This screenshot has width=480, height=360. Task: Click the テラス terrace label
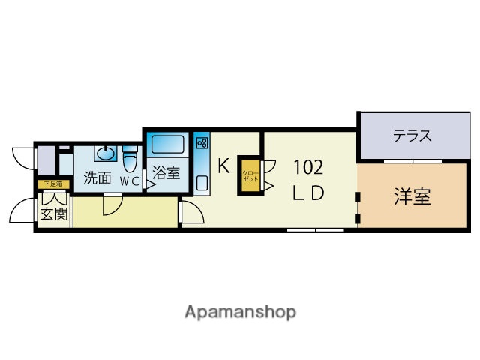pyautogui.click(x=412, y=136)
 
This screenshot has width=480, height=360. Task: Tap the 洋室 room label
pyautogui.click(x=412, y=197)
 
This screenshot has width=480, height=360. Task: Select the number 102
pyautogui.click(x=307, y=166)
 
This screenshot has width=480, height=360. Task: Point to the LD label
pyautogui.click(x=307, y=193)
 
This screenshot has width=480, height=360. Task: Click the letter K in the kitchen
pyautogui.click(x=223, y=166)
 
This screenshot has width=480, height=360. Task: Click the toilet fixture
pyautogui.click(x=130, y=159)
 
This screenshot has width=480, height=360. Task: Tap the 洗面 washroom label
pyautogui.click(x=97, y=179)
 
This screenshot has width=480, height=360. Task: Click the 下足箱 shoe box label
pyautogui.click(x=52, y=184)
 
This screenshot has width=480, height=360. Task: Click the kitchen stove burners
pyautogui.click(x=202, y=144)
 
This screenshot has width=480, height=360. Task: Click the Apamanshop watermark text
pyautogui.click(x=240, y=311)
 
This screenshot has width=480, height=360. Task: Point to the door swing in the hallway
pyautogui.click(x=112, y=204)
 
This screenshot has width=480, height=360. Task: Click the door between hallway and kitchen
pyautogui.click(x=189, y=212)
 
